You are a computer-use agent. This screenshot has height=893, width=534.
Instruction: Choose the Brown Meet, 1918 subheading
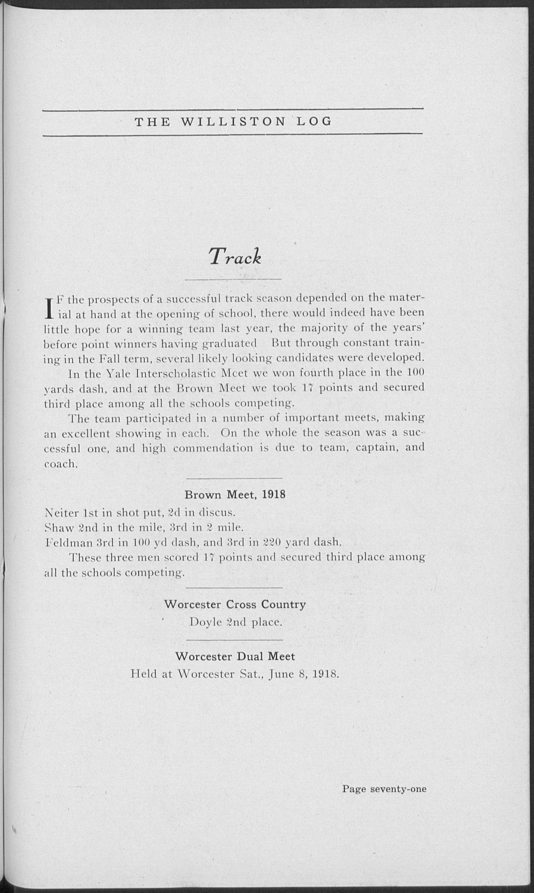pos(235,495)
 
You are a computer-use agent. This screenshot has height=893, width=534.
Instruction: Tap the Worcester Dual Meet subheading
pos(235,657)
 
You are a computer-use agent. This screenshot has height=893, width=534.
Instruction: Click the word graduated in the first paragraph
pos(230,344)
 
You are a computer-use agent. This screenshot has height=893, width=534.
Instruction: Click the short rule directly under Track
pos(233,279)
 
